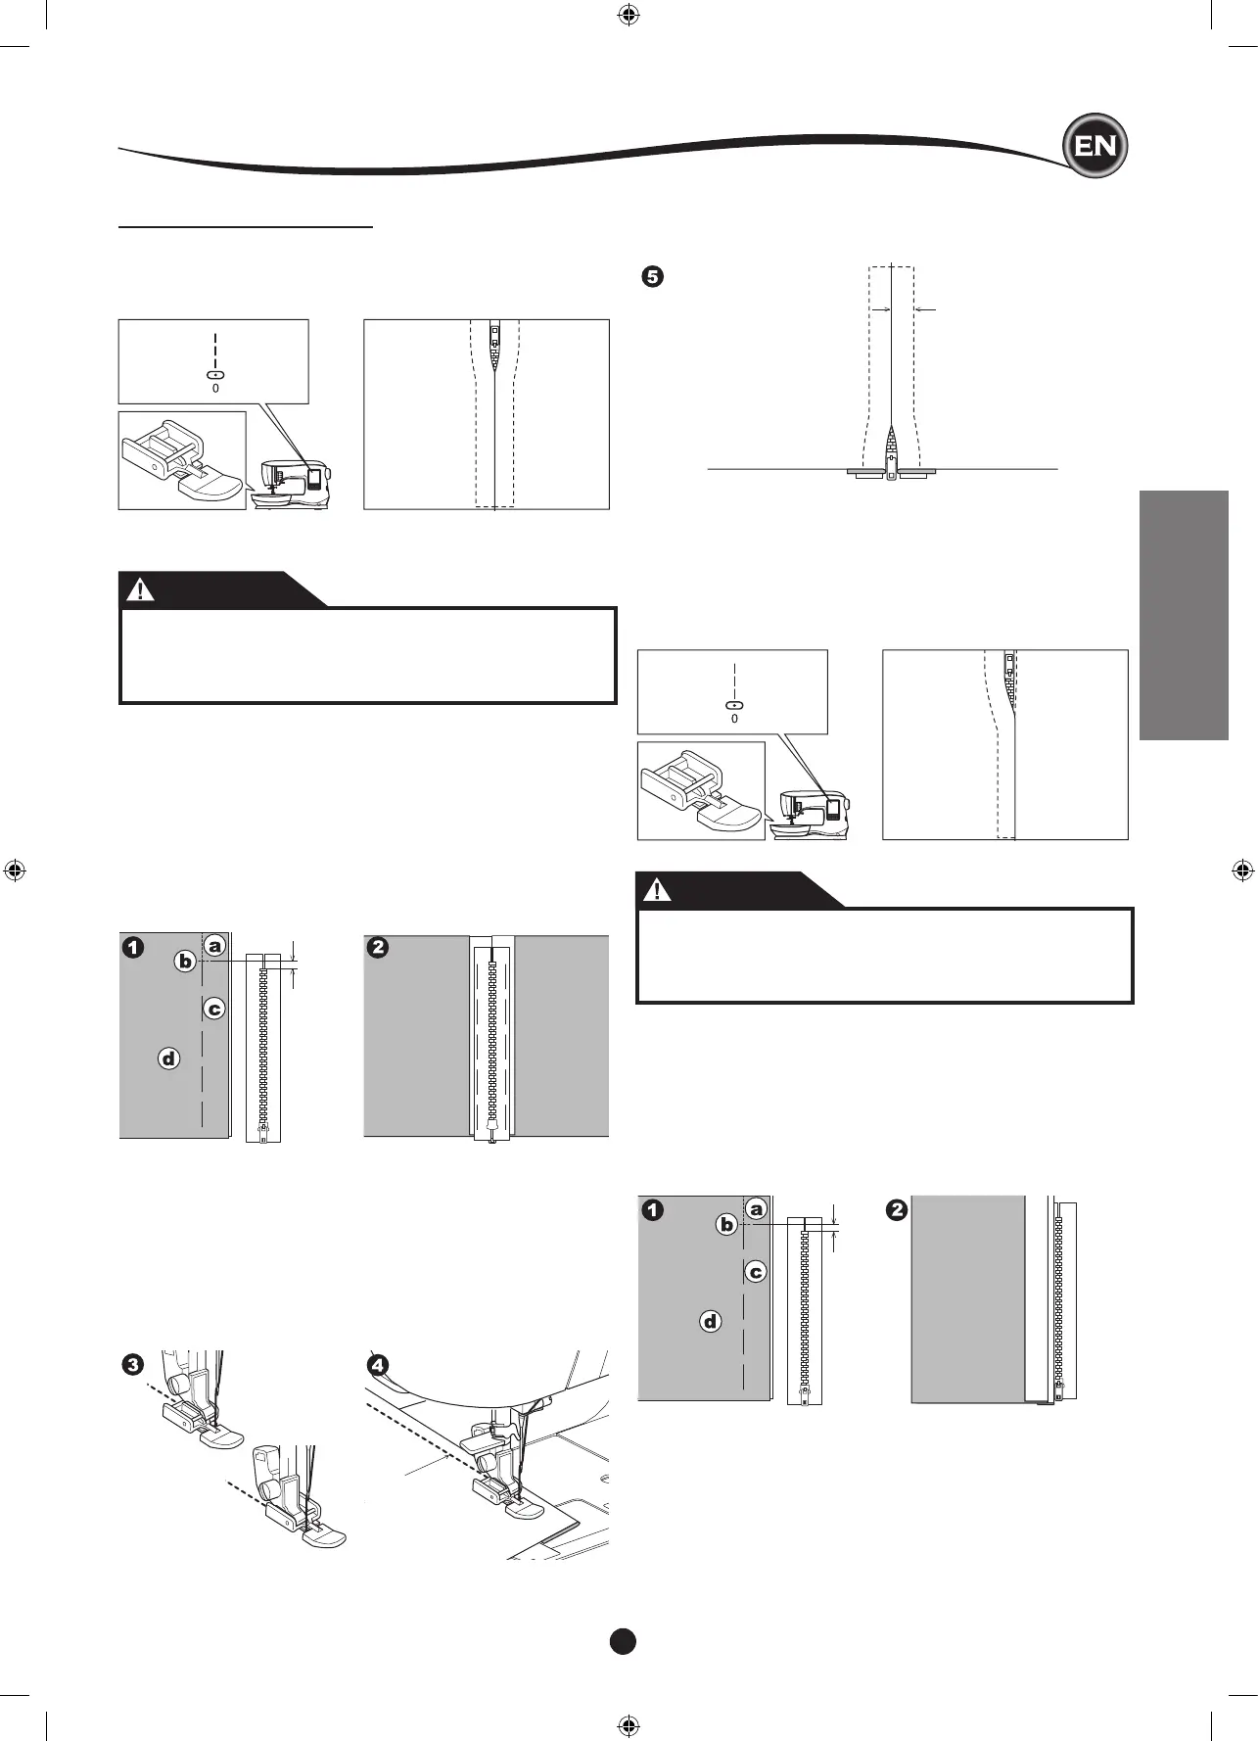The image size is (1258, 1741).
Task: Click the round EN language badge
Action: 1095,146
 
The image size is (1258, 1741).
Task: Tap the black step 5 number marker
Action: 651,276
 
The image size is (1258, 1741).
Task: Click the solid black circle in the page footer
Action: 623,1641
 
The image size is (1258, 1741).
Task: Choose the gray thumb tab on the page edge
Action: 1184,615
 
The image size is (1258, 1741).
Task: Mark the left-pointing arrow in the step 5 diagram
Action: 925,309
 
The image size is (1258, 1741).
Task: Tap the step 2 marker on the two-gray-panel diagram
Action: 378,948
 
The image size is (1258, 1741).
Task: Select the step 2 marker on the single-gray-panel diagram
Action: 897,1210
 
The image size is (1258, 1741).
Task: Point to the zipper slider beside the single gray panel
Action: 1059,1390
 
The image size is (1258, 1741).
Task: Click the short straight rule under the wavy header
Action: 246,226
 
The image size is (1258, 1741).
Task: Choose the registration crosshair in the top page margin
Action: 629,16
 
